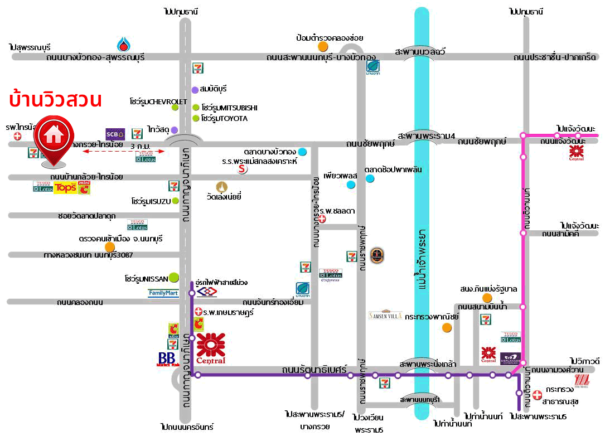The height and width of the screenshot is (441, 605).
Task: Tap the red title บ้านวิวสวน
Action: click(55, 100)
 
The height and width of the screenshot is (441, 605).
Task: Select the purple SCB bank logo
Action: click(115, 134)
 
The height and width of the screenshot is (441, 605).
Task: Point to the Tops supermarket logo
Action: click(65, 187)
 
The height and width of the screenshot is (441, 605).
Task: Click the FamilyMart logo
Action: click(163, 293)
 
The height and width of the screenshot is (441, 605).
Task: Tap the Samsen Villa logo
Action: click(385, 315)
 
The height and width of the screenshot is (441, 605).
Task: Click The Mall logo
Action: click(581, 381)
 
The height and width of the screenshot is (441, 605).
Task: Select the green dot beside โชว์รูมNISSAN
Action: click(174, 277)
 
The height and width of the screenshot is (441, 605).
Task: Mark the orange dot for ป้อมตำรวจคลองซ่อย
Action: click(323, 46)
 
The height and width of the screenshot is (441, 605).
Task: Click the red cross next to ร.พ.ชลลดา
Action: click(321, 219)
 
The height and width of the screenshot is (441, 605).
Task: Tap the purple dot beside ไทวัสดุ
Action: click(175, 130)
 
